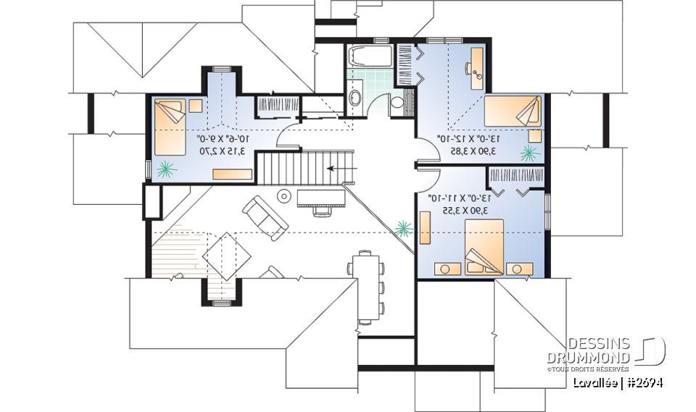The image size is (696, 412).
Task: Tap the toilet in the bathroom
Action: pyautogui.click(x=398, y=102)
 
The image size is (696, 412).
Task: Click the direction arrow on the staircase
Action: pyautogui.click(x=336, y=168)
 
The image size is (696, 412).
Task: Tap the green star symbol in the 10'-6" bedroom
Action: pyautogui.click(x=167, y=169)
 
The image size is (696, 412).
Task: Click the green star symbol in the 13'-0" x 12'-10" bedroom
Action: pyautogui.click(x=529, y=152)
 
